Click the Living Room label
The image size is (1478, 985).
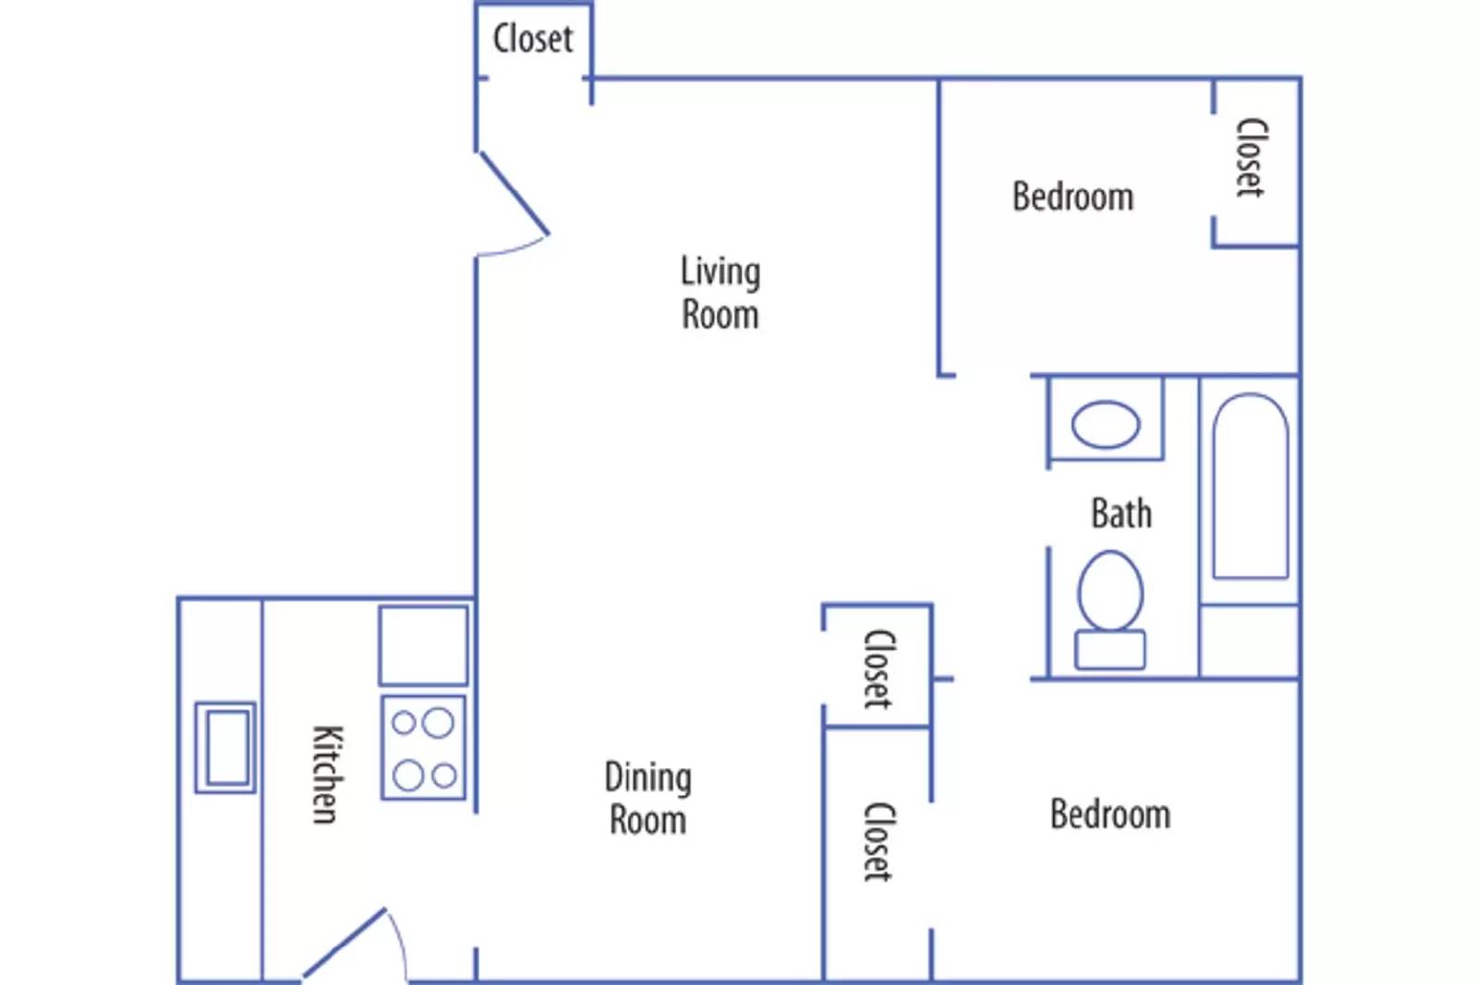(720, 293)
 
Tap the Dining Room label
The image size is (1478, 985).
(648, 799)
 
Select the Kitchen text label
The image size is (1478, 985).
(327, 775)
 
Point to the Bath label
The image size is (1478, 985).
(1121, 513)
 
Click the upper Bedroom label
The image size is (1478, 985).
(1072, 197)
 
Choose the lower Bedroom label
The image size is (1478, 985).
(1110, 813)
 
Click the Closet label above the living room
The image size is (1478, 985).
(532, 38)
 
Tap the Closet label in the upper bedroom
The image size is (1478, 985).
(1251, 158)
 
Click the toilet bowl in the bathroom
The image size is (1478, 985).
(1110, 591)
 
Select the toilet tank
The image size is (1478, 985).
(1110, 650)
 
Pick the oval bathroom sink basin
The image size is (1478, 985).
(1106, 425)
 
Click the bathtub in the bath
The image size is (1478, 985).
(1251, 486)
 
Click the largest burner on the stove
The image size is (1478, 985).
(438, 723)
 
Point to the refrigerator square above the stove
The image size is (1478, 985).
(424, 645)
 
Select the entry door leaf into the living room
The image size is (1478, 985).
(514, 193)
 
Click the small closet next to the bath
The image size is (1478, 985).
(878, 666)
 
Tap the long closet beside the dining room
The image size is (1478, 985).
(878, 855)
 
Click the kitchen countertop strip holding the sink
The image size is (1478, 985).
(221, 790)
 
